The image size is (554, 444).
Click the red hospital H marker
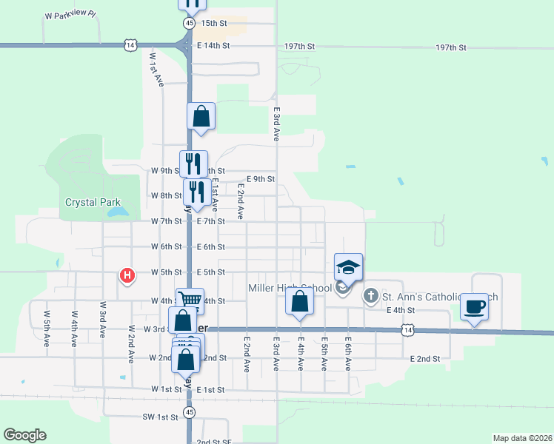point(127,276)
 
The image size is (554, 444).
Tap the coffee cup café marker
point(474,306)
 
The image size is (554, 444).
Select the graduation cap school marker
point(349,267)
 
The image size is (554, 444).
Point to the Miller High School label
point(290,288)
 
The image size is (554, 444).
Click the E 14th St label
point(214,46)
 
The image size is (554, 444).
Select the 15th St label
point(213,23)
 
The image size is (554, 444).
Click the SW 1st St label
point(161,417)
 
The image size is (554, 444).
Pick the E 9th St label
point(260,179)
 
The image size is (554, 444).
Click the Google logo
point(25,435)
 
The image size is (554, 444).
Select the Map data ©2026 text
point(521,438)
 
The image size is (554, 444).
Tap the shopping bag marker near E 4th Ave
point(299,303)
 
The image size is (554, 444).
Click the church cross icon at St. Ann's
point(370,296)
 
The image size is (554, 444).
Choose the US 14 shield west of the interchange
point(131,46)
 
